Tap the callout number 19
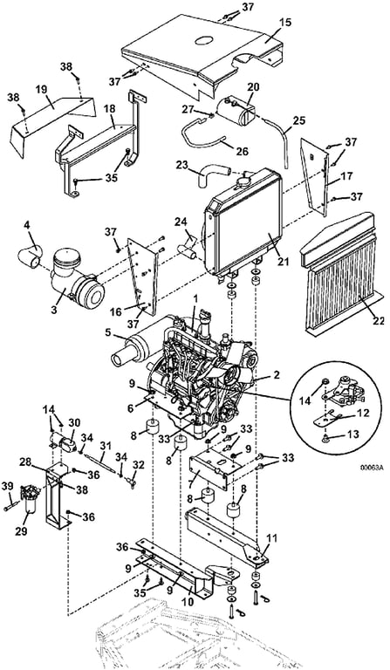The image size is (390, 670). (x=41, y=90)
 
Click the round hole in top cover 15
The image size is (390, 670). (x=205, y=40)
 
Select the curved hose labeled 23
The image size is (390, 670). (x=210, y=174)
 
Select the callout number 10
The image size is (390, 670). (x=188, y=602)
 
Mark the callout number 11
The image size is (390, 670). (x=271, y=537)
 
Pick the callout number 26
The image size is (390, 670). (x=242, y=151)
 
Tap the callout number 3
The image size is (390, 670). (x=53, y=310)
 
